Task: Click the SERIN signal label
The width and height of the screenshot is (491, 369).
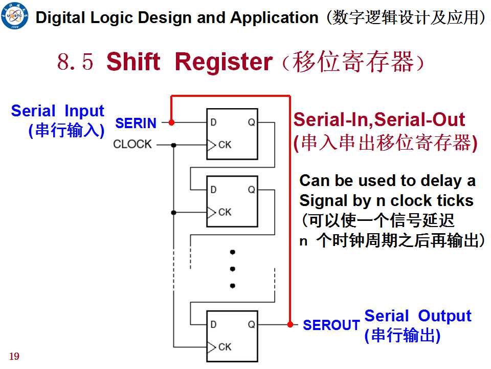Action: click(x=136, y=123)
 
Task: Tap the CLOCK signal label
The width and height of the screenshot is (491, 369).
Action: click(x=132, y=144)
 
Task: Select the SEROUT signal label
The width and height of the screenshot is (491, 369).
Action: click(x=331, y=325)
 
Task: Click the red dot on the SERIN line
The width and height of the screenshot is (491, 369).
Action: click(x=171, y=122)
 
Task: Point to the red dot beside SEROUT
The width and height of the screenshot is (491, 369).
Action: click(x=291, y=324)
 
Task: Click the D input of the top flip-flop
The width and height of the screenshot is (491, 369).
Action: click(x=214, y=122)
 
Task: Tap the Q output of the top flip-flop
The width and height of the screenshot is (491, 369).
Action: click(x=252, y=122)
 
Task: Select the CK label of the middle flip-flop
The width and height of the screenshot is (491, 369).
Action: click(x=225, y=212)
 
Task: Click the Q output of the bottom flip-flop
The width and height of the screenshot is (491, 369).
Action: click(x=252, y=324)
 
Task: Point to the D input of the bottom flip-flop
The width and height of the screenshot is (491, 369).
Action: click(x=214, y=324)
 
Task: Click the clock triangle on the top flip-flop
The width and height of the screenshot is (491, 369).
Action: click(x=211, y=145)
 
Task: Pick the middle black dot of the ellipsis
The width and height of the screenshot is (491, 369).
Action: click(x=232, y=269)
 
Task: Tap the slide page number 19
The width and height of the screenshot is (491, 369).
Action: click(x=14, y=356)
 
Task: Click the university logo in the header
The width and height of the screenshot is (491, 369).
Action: click(x=14, y=15)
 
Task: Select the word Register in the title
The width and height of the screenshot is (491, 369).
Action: click(x=224, y=61)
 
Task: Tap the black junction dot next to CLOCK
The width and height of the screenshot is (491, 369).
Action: click(x=174, y=145)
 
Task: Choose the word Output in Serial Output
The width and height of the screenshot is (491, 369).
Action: click(x=444, y=316)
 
